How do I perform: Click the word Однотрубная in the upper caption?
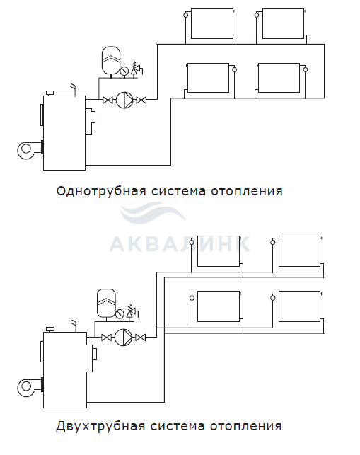[101, 192]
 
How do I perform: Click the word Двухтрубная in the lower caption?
[100, 427]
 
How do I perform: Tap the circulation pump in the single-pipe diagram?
[124, 100]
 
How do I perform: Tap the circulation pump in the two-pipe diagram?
[123, 338]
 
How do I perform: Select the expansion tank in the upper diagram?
[110, 60]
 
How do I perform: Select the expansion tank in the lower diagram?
[106, 303]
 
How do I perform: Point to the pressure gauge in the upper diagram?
[124, 71]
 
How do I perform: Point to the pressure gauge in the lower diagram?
[120, 313]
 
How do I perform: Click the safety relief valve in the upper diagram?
[136, 69]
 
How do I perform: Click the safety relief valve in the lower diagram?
[132, 311]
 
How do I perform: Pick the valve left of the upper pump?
[108, 100]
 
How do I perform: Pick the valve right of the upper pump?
[141, 100]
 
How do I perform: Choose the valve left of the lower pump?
[107, 338]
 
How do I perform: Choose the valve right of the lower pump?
[141, 338]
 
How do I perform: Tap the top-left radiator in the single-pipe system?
[212, 23]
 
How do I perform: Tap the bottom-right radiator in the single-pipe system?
[279, 78]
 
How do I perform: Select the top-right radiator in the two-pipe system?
[299, 251]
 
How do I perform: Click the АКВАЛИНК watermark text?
[180, 244]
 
